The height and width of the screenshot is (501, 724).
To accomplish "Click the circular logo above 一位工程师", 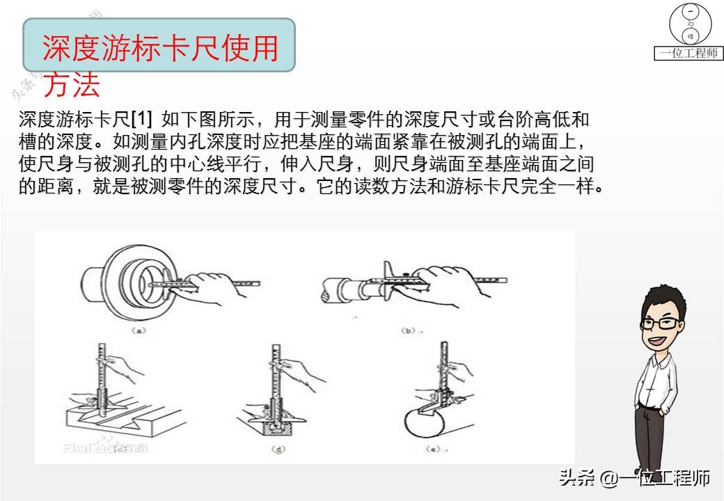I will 690,25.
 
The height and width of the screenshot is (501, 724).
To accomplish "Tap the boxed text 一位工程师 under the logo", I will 689,54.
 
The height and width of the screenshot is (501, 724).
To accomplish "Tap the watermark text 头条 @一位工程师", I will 633,478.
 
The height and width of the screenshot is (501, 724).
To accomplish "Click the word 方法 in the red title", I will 72,85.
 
